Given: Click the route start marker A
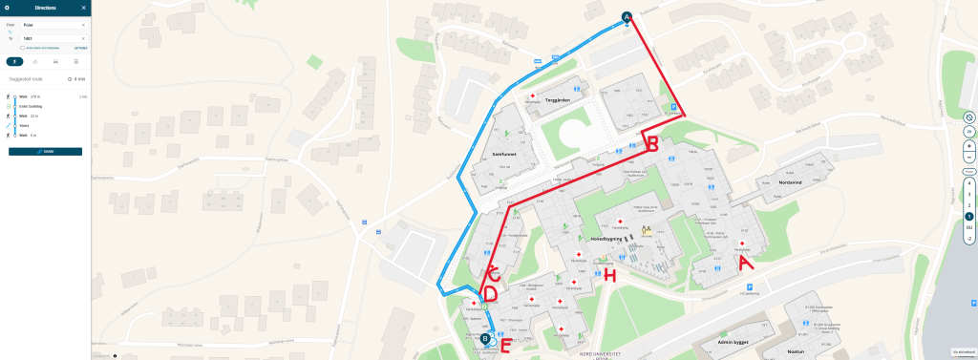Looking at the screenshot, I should click(627, 16).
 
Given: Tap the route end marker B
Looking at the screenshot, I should click(485, 338).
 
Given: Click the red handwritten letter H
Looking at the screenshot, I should click(609, 276).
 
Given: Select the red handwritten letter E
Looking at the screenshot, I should click(505, 347).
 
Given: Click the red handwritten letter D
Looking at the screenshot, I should click(490, 294).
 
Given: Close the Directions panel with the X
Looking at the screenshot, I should click(84, 8).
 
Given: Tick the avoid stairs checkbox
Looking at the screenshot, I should click(22, 47).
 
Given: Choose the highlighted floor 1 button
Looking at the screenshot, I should click(969, 217).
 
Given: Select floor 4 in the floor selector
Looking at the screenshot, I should click(969, 182).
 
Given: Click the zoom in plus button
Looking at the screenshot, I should click(969, 145).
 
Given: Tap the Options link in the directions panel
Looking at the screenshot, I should click(80, 47).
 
